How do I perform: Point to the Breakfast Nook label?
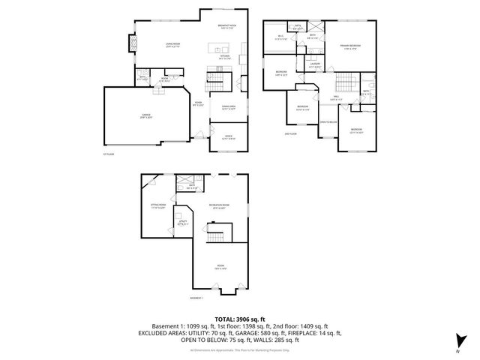point(227,27)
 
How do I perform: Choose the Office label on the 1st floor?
point(228,137)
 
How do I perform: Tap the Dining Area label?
point(228,108)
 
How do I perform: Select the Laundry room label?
point(316,65)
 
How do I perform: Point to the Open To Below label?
point(328,121)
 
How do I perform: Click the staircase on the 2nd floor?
point(346,82)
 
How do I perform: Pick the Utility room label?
point(182,222)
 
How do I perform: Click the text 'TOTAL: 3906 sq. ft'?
point(240,319)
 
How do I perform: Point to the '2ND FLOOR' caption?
point(292,134)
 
